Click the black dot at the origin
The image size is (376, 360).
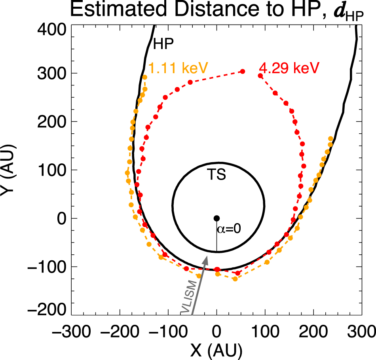(216, 218)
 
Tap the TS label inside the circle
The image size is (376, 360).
(217, 175)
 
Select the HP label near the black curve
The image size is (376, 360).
(163, 44)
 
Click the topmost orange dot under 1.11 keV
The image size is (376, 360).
(144, 77)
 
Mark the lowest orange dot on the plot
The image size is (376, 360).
(235, 279)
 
